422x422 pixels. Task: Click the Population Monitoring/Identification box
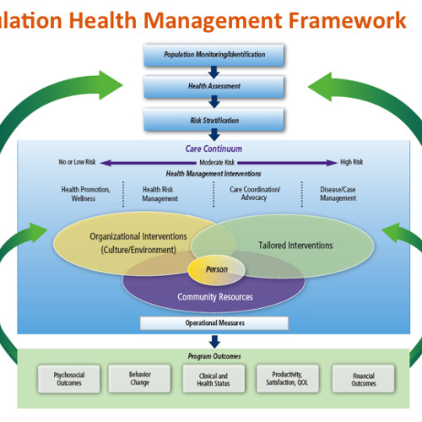[x=214, y=55]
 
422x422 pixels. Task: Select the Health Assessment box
[x=214, y=86]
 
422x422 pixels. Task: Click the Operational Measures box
[x=214, y=323]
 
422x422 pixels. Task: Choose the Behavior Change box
[x=139, y=377]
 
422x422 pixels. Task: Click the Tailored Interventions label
[x=295, y=246]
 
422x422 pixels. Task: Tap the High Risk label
[x=351, y=161]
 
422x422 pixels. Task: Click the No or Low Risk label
[x=78, y=161]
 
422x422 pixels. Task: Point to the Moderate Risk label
[x=217, y=161]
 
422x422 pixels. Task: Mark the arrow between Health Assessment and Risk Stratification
[x=214, y=102]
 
